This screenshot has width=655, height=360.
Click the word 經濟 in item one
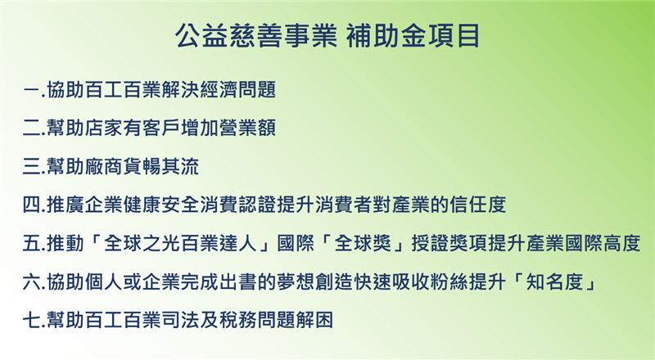[x=219, y=90]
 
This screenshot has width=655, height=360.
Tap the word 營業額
[x=247, y=128]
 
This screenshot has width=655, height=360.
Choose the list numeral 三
[x=32, y=167]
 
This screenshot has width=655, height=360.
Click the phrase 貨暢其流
[x=161, y=167]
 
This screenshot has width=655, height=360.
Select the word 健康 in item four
[x=142, y=205]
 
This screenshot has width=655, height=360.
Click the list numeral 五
[x=32, y=243]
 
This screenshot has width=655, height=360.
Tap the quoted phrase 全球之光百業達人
[x=180, y=243]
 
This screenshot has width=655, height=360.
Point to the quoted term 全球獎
[x=363, y=243]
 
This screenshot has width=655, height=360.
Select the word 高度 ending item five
[x=621, y=243]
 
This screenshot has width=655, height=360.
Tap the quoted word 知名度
[x=555, y=282]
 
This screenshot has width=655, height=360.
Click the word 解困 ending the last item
[x=314, y=321]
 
